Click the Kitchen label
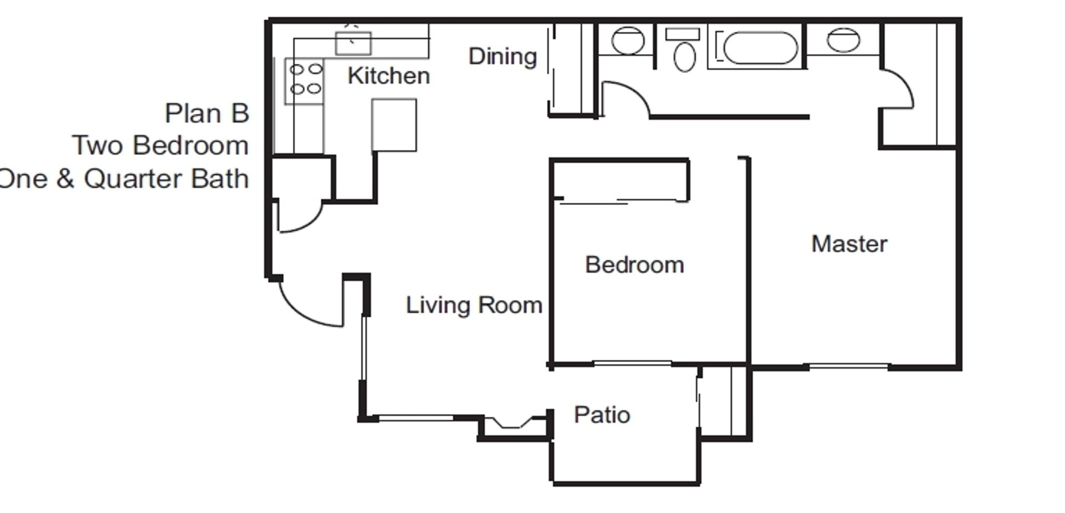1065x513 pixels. pyautogui.click(x=388, y=76)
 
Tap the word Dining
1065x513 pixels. pyautogui.click(x=503, y=57)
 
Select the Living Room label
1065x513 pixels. pyautogui.click(x=474, y=305)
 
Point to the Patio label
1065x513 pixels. pyautogui.click(x=602, y=415)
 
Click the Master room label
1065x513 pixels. pyautogui.click(x=849, y=244)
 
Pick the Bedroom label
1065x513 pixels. pyautogui.click(x=634, y=265)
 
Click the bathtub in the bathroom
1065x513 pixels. pyautogui.click(x=760, y=48)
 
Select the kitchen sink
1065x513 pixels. pyautogui.click(x=353, y=43)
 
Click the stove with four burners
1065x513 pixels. pyautogui.click(x=305, y=79)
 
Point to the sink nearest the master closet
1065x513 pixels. pyautogui.click(x=843, y=40)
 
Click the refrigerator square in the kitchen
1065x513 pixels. pyautogui.click(x=394, y=125)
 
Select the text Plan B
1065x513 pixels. pyautogui.click(x=207, y=114)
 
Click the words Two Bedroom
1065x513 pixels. pyautogui.click(x=161, y=146)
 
